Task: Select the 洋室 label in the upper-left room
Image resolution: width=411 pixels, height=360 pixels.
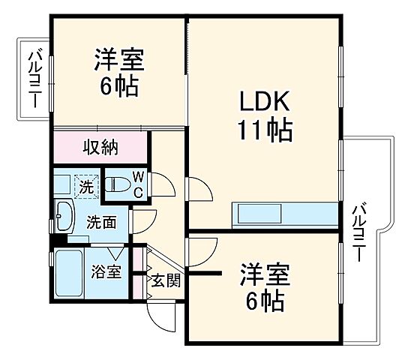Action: coord(119,58)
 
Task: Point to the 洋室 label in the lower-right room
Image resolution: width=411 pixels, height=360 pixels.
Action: coord(265,273)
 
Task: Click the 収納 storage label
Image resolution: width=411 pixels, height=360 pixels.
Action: coord(100,147)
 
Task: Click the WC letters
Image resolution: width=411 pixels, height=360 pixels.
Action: coord(138,185)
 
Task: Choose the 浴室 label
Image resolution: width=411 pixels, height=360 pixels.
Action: coord(106,271)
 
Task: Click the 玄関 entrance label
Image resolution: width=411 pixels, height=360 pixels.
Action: coord(165,281)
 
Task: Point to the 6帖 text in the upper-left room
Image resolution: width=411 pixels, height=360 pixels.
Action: coord(119,86)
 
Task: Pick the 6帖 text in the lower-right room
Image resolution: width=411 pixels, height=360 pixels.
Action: coord(265,302)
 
